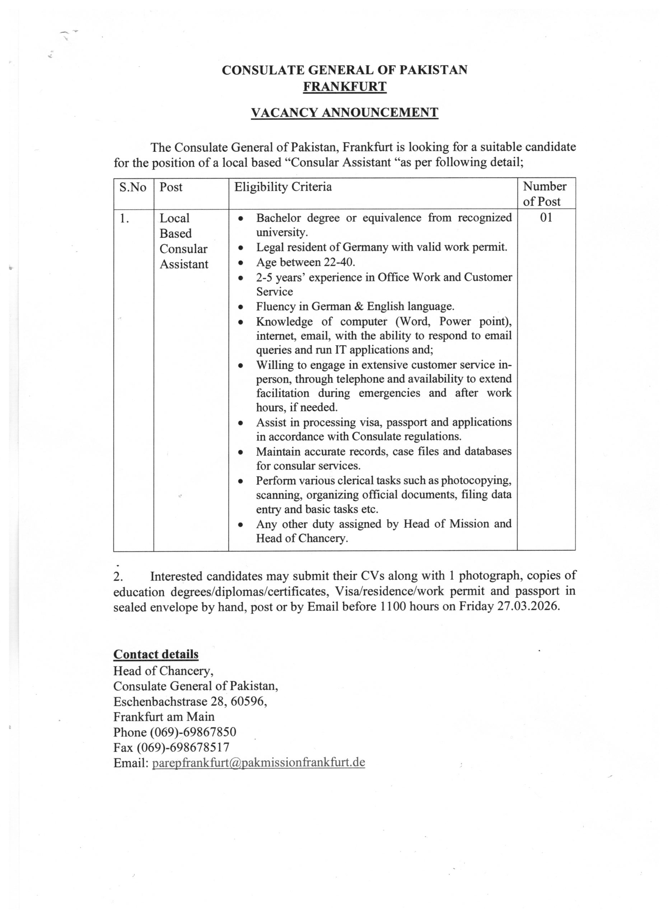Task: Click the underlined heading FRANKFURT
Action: pyautogui.click(x=345, y=87)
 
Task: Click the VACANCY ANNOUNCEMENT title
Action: pyautogui.click(x=344, y=112)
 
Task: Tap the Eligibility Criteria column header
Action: pyautogui.click(x=283, y=187)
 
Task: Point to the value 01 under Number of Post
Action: pyautogui.click(x=546, y=218)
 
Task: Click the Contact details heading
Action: pyautogui.click(x=156, y=654)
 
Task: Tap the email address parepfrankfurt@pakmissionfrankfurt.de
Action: pyautogui.click(x=258, y=762)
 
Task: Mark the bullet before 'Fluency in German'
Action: pyautogui.click(x=241, y=307)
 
